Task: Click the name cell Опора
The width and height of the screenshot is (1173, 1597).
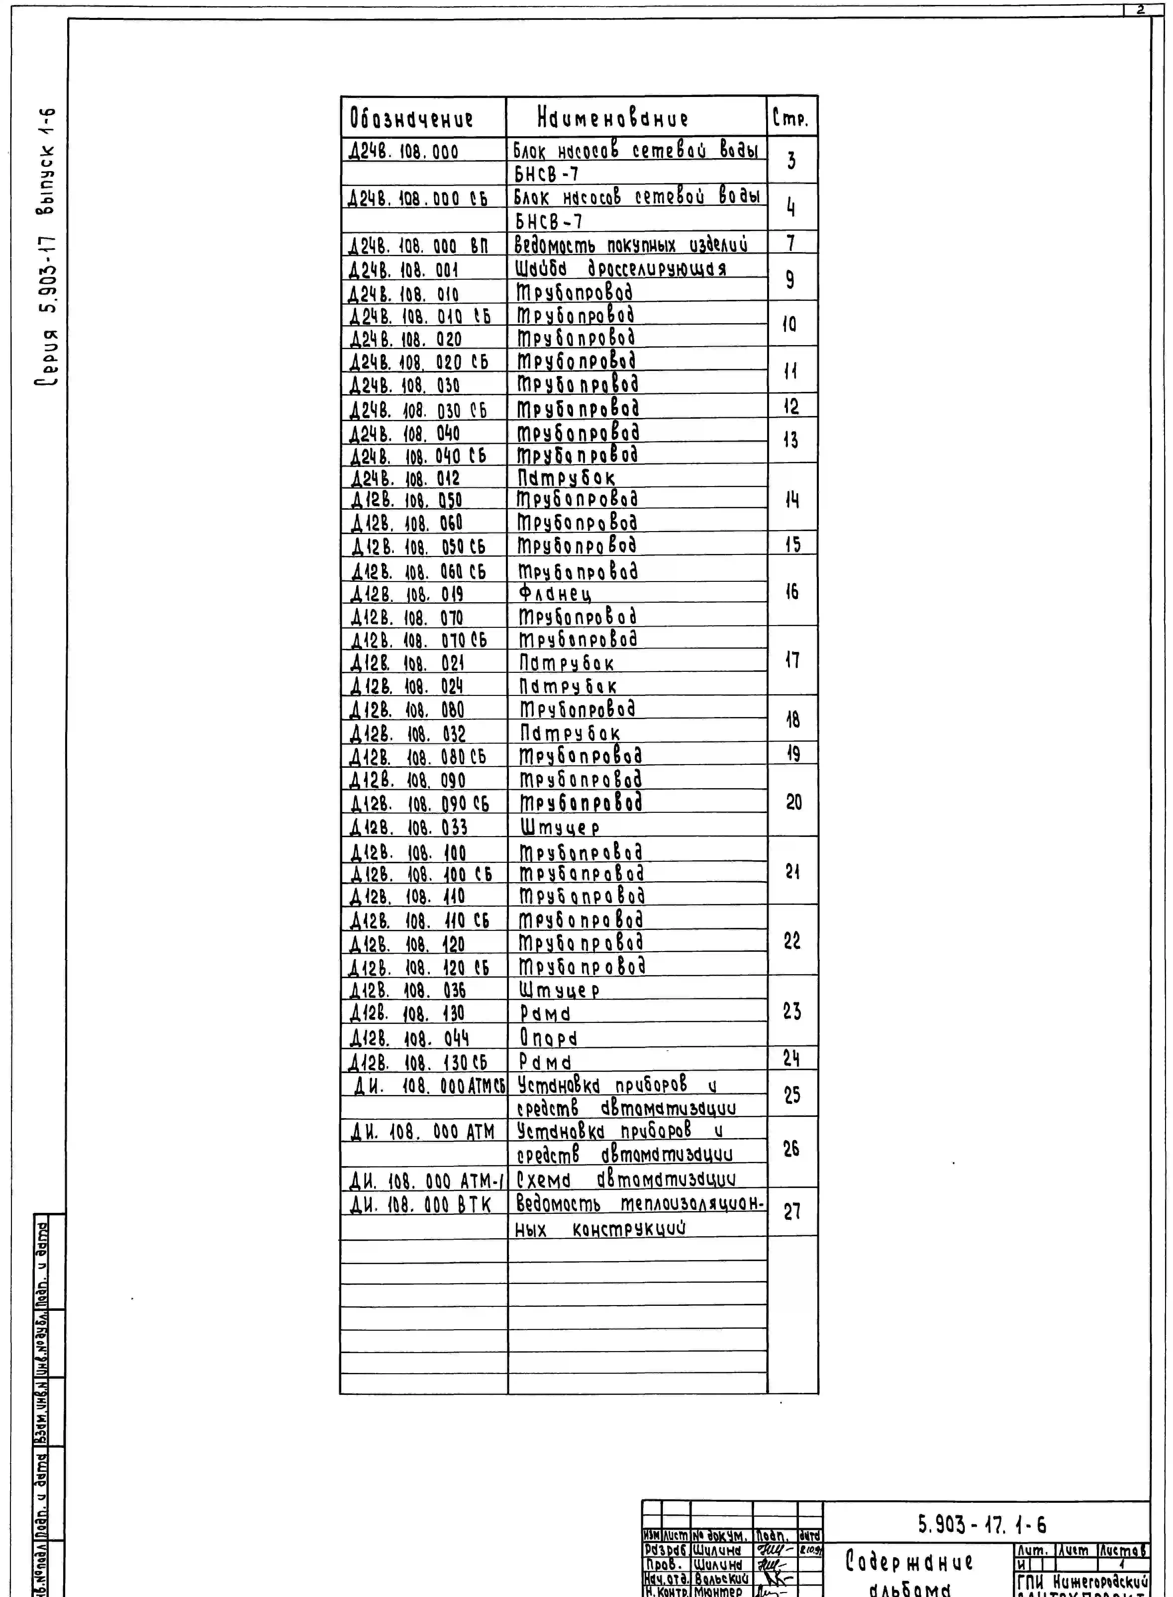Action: tap(548, 1038)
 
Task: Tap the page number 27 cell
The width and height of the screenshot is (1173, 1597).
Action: tap(792, 1212)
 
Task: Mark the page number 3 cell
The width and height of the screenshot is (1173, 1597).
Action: tap(791, 161)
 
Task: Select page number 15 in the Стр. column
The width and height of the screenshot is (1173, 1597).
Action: tap(792, 545)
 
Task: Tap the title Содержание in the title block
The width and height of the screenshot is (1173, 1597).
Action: tap(909, 1561)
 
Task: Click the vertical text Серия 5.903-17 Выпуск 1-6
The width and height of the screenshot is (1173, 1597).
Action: tap(47, 248)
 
